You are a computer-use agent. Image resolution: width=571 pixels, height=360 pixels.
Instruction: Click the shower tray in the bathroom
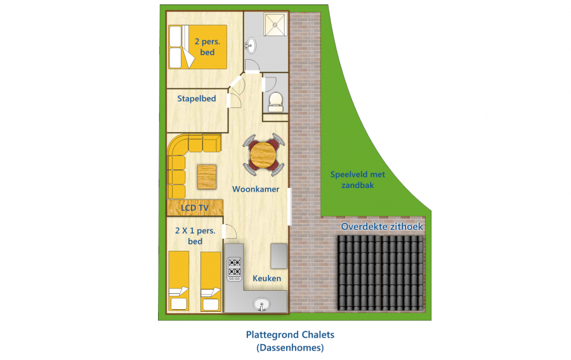pyautogui.click(x=275, y=25)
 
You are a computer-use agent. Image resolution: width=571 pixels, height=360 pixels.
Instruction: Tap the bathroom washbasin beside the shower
pyautogui.click(x=251, y=45)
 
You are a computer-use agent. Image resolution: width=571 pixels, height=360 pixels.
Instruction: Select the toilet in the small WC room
pyautogui.click(x=275, y=102)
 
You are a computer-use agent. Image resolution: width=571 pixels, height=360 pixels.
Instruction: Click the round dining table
pyautogui.click(x=263, y=155)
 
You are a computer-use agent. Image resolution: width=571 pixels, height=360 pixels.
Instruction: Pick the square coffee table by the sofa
pyautogui.click(x=207, y=177)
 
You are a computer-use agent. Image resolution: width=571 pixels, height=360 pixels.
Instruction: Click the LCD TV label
pyautogui.click(x=195, y=208)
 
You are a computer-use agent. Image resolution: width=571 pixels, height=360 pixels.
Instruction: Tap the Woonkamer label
pyautogui.click(x=256, y=189)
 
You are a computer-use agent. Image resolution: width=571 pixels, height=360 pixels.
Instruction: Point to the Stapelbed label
pyautogui.click(x=197, y=98)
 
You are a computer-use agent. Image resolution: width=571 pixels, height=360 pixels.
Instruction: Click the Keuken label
pyautogui.click(x=267, y=278)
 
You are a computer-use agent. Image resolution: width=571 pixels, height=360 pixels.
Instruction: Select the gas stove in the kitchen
pyautogui.click(x=235, y=269)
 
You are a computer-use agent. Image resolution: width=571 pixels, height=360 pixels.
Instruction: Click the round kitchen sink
pyautogui.click(x=261, y=303)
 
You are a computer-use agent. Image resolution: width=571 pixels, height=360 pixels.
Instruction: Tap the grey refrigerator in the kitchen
pyautogui.click(x=279, y=256)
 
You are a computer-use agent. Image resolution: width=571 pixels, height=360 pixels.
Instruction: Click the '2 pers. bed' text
pyautogui.click(x=207, y=47)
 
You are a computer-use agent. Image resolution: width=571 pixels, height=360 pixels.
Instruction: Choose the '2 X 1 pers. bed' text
pyautogui.click(x=195, y=236)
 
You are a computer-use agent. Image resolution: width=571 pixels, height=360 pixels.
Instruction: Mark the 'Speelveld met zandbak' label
pyautogui.click(x=358, y=180)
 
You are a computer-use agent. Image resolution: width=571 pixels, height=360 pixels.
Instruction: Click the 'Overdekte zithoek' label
pyautogui.click(x=382, y=227)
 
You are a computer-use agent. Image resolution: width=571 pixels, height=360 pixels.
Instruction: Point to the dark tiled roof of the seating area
pyautogui.click(x=381, y=273)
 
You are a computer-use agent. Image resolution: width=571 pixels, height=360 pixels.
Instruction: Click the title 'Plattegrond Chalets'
pyautogui.click(x=290, y=335)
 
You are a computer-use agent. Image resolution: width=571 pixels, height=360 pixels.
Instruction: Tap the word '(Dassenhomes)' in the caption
pyautogui.click(x=290, y=347)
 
